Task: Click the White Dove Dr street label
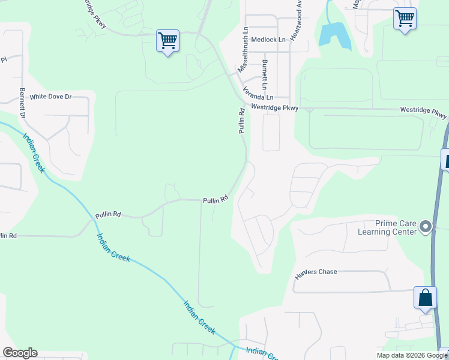click(50, 97)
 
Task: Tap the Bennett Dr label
click(22, 103)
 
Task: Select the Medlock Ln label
click(268, 40)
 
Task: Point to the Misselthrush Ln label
click(242, 50)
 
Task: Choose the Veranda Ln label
click(258, 94)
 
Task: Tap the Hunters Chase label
click(316, 272)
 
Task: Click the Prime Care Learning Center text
click(387, 227)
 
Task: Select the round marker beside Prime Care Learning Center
click(426, 227)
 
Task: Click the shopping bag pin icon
click(425, 298)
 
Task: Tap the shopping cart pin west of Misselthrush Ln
click(167, 41)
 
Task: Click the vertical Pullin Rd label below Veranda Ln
click(241, 120)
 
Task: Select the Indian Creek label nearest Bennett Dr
click(34, 153)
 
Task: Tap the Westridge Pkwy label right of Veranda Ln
click(274, 108)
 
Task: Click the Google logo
click(20, 353)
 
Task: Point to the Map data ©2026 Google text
click(412, 355)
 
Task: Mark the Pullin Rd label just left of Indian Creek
click(108, 215)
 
